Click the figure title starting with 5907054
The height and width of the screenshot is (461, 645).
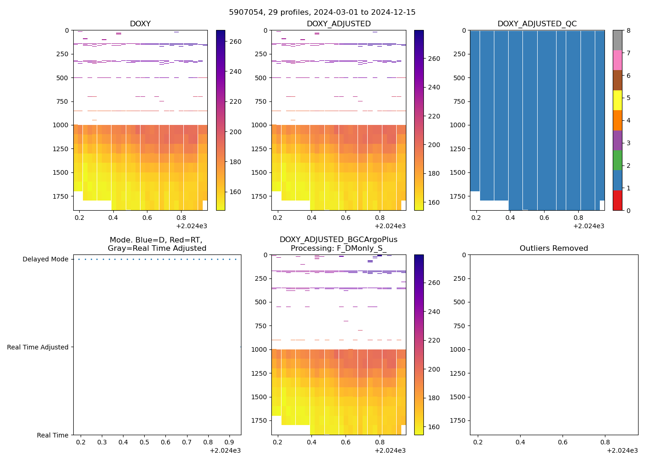click(322, 12)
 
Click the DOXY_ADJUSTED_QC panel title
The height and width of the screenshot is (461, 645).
click(537, 24)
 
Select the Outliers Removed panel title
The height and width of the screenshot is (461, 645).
click(553, 248)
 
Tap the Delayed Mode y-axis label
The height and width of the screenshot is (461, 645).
click(45, 259)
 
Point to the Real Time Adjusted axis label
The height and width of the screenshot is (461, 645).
click(38, 347)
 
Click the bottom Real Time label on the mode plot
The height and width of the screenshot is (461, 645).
click(53, 435)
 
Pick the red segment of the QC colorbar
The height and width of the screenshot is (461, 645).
click(617, 201)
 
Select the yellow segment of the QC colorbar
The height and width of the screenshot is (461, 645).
click(617, 100)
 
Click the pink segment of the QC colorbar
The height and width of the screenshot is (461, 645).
click(617, 60)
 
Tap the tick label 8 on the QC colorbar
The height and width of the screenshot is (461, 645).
click(628, 30)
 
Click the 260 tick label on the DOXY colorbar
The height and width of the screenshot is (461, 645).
click(235, 41)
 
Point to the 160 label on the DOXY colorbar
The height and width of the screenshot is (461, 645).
click(235, 192)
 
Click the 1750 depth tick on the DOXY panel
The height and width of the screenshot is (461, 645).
click(61, 196)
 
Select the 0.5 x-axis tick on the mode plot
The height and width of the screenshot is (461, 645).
click(144, 443)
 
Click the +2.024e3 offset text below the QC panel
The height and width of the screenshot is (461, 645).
click(588, 226)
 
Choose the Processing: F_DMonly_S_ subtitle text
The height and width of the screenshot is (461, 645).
click(338, 248)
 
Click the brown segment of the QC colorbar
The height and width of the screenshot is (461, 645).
click(617, 80)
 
